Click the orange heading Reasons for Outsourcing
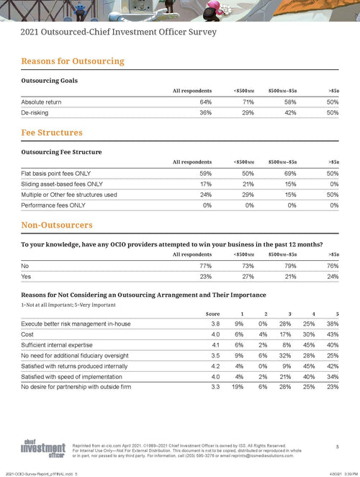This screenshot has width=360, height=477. [73, 61]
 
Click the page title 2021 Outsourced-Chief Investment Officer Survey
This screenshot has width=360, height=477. [118, 32]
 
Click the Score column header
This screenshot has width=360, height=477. [212, 313]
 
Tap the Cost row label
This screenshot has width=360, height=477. [29, 334]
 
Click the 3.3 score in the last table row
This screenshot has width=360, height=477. [215, 387]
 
